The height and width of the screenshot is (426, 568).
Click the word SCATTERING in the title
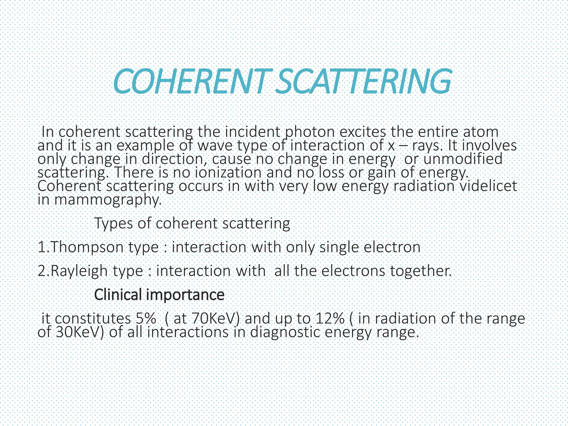[363, 82]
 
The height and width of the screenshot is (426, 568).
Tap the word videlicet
[488, 186]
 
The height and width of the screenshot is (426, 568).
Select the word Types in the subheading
[113, 223]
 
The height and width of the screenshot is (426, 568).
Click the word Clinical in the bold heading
[118, 295]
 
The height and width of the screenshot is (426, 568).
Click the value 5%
[146, 318]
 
